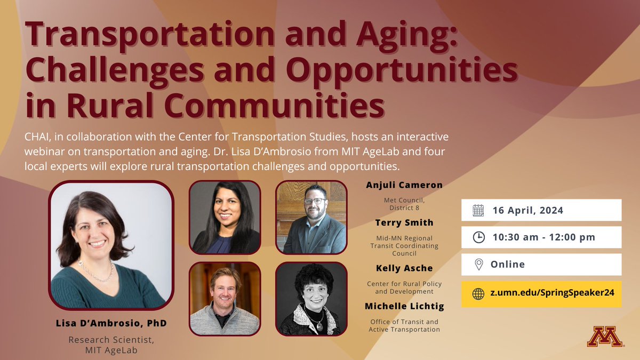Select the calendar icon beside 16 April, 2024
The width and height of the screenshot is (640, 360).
pos(478,210)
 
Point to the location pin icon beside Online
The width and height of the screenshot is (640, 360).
pos(478,264)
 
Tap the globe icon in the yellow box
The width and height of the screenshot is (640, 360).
pos(478,294)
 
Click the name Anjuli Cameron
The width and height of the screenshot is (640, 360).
pos(404,185)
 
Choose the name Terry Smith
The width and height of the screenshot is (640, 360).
pos(404,222)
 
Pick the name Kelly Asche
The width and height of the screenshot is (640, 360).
pos(404,268)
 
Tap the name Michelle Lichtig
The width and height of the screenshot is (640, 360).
pos(404,306)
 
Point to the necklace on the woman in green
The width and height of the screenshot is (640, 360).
pos(97,272)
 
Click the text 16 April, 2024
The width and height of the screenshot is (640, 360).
pos(527,210)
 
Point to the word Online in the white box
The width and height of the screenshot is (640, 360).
pos(508,264)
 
